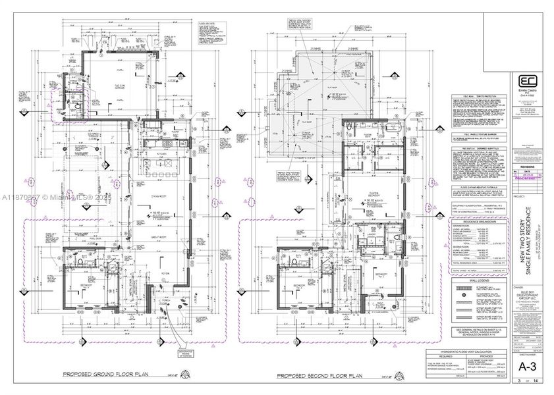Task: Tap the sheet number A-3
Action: [526, 367]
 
